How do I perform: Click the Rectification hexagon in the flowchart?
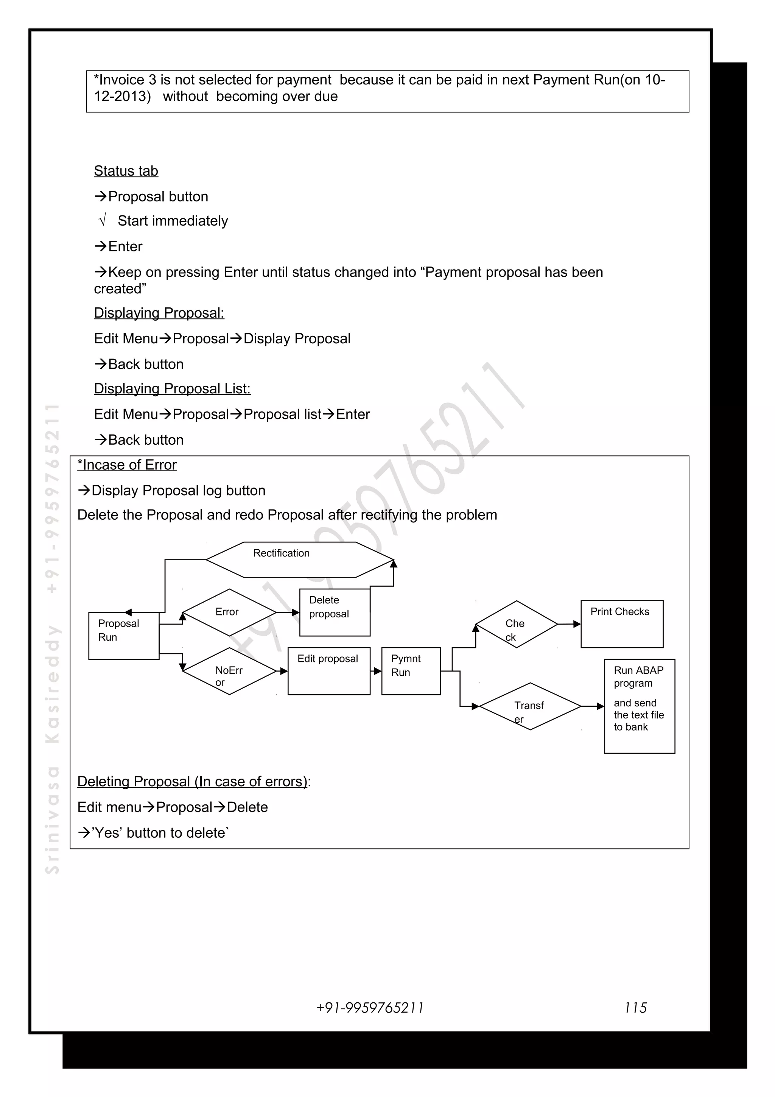point(300,559)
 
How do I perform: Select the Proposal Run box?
point(124,636)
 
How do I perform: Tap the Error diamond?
point(229,612)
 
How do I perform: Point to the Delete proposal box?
point(334,612)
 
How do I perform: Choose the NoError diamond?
point(229,671)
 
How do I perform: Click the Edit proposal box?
point(328,671)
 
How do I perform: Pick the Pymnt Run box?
point(411,671)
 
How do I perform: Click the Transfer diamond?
point(530,706)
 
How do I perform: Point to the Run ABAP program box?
point(640,706)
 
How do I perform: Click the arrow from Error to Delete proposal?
point(288,612)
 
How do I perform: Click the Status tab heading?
point(126,171)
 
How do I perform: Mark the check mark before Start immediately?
point(102,221)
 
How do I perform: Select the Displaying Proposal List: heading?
point(172,388)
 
